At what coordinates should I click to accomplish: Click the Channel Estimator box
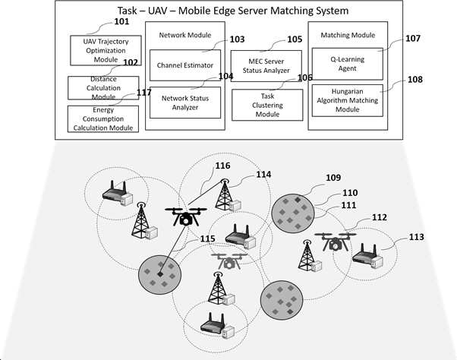(x=185, y=65)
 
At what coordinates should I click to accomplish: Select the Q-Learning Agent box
(x=348, y=64)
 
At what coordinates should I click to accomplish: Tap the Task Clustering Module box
(x=267, y=105)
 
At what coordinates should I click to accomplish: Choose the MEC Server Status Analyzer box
(x=266, y=66)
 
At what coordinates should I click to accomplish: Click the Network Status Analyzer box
(x=185, y=103)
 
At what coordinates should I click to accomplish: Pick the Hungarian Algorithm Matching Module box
(x=348, y=100)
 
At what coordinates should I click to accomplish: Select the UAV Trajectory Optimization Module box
(x=106, y=50)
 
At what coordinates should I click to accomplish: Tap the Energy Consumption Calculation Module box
(x=103, y=119)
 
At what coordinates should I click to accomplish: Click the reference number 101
(x=121, y=21)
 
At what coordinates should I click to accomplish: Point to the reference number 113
(x=416, y=237)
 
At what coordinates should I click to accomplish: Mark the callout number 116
(x=222, y=166)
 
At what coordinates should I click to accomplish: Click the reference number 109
(x=333, y=178)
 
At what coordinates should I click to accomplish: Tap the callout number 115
(x=207, y=238)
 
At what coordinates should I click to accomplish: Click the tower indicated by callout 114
(x=224, y=194)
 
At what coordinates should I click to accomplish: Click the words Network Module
(x=185, y=35)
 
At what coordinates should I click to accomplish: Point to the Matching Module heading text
(x=348, y=35)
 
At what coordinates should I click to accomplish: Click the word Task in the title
(x=127, y=11)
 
